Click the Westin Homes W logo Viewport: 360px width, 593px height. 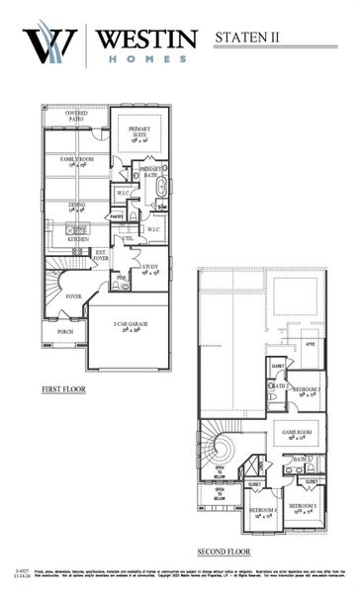pos(49,44)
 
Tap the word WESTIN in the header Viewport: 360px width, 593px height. pos(143,38)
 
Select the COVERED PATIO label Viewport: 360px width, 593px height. pos(76,117)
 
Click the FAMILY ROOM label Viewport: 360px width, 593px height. pos(77,161)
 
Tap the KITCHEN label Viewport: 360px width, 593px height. pos(78,239)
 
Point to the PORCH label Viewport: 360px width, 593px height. pos(65,332)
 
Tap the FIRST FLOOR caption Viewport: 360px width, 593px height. pos(63,389)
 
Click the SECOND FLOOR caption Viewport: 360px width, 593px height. pos(223,551)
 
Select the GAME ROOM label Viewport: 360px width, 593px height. pos(298,433)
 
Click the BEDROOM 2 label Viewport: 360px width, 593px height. pos(305,389)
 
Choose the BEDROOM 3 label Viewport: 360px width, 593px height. pos(303,507)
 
